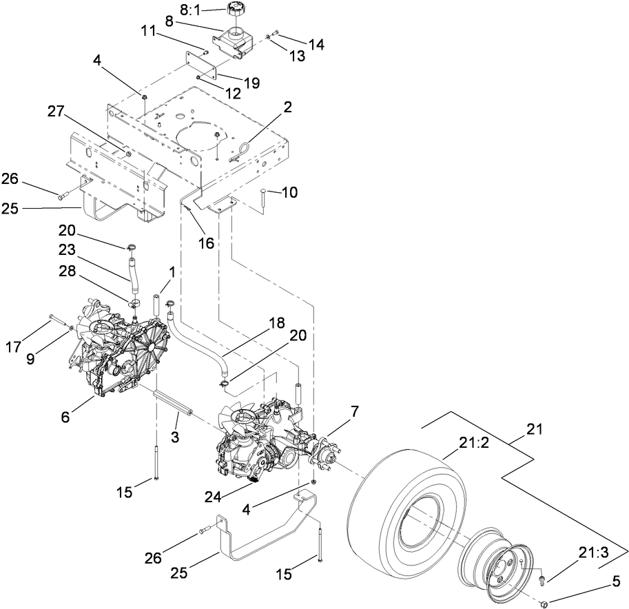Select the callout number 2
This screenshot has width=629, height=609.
click(x=287, y=107)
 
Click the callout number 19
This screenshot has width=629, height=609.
click(x=251, y=82)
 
